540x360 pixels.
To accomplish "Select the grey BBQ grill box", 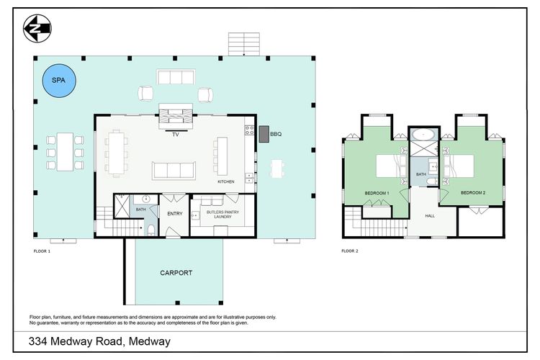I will click(264, 133).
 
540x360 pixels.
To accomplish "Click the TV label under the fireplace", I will click(175, 134).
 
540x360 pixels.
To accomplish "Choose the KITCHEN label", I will click(226, 181).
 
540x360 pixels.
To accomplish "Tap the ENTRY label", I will click(175, 214).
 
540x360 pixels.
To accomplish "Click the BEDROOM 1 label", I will click(377, 193).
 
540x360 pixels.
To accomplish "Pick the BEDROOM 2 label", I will click(473, 192).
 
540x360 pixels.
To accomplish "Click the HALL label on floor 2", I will click(430, 215).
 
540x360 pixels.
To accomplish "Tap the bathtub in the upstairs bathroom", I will click(421, 135).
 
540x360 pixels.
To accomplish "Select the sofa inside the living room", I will click(173, 171).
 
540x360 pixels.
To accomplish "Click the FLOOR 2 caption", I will click(349, 251).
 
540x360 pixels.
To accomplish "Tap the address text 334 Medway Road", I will click(99, 341).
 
